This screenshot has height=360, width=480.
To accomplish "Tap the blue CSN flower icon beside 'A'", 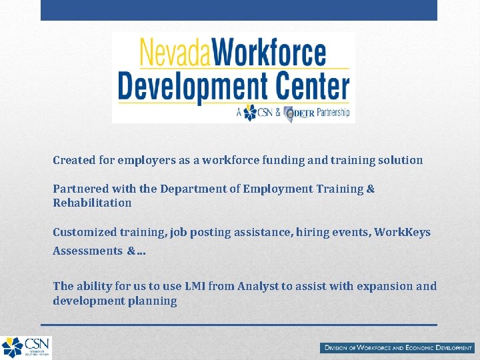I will [250, 113].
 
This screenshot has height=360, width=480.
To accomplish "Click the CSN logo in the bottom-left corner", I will [25, 347].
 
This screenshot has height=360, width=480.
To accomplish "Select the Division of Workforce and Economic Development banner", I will [397, 348].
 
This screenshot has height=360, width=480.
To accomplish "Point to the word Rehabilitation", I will [92, 203].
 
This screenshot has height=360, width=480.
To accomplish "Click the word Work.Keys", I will [403, 232].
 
